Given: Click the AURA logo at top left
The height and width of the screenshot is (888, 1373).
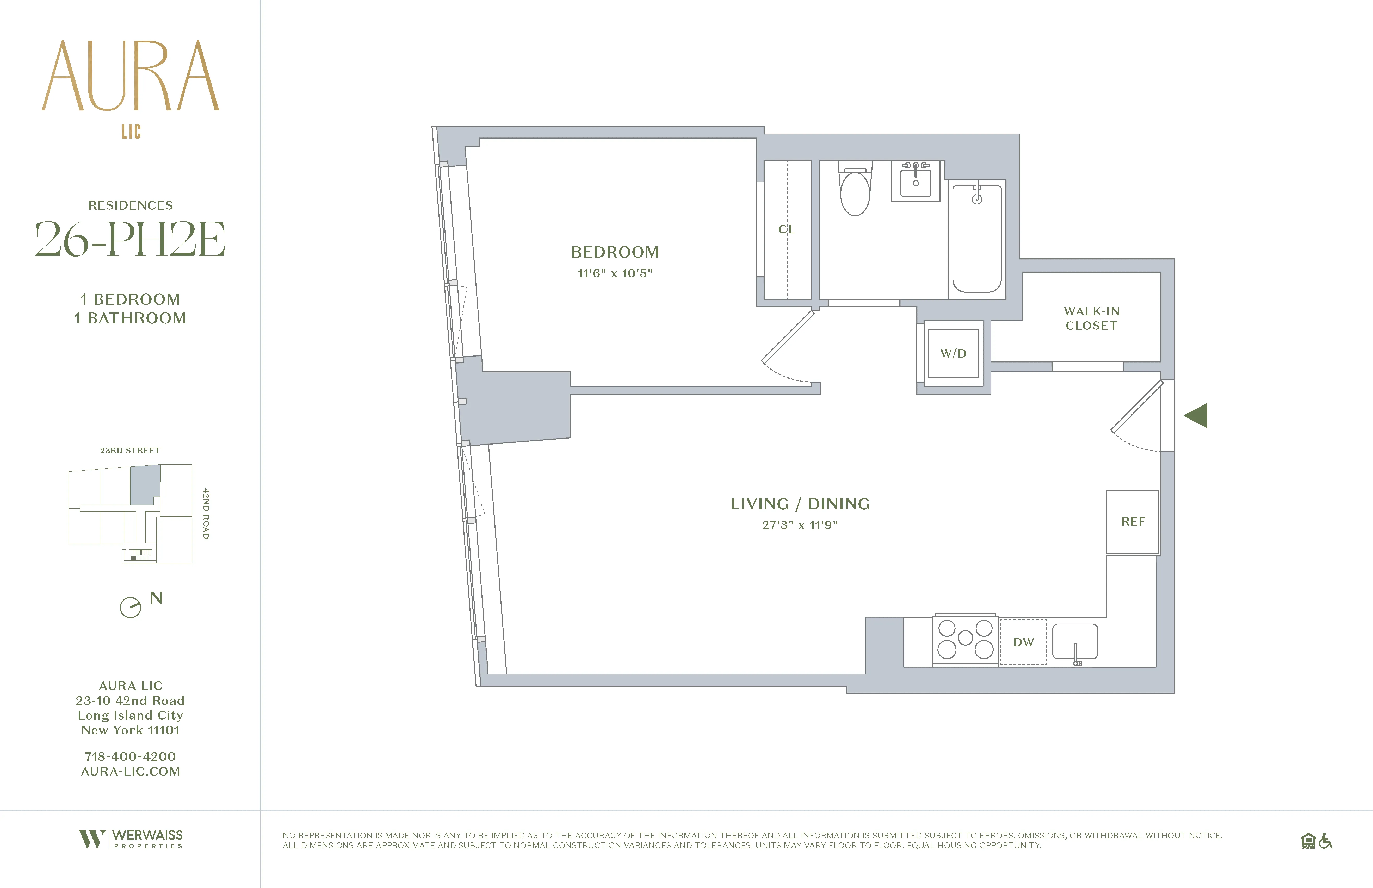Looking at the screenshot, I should [130, 76].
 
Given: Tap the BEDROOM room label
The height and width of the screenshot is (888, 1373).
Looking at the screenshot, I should [615, 252].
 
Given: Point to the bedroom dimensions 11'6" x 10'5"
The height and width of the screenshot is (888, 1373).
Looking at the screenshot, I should [615, 273].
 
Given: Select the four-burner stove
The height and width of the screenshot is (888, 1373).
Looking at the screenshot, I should [965, 639].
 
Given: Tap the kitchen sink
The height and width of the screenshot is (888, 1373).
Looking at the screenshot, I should [1075, 641].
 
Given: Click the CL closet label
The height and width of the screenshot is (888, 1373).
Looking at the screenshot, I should [787, 229].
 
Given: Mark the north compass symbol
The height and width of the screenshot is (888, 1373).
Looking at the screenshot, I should [130, 607].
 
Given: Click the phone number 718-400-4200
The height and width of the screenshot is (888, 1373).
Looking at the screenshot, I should [130, 756].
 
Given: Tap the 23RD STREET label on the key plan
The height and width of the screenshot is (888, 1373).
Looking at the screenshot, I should [130, 450].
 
